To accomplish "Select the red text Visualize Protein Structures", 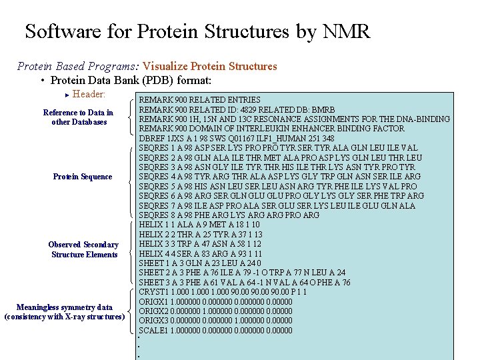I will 210,66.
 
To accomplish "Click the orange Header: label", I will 88,95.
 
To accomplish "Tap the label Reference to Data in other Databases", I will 78,117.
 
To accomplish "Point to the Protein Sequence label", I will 83,177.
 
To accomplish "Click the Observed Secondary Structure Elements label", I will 83,249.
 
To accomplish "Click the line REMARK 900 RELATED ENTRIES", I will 199,99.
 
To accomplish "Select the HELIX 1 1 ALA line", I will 199,225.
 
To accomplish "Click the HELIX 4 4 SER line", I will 200,254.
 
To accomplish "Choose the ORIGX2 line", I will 215,311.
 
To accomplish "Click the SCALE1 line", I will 215,331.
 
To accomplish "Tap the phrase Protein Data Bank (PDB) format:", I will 131,81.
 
